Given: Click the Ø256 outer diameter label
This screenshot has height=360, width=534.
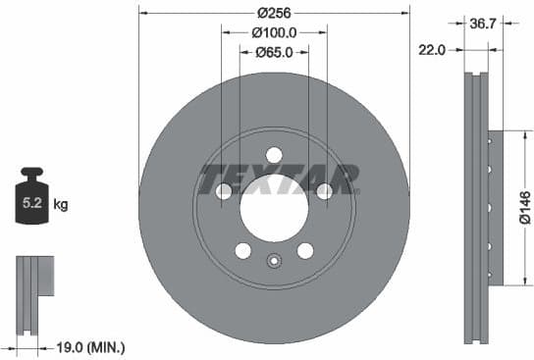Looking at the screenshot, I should pyautogui.click(x=274, y=13).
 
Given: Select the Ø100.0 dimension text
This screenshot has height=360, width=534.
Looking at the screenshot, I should pyautogui.click(x=274, y=32).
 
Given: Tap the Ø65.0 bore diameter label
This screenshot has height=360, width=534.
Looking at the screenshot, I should pyautogui.click(x=274, y=52).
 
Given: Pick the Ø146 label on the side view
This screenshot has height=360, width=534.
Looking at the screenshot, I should pyautogui.click(x=524, y=208).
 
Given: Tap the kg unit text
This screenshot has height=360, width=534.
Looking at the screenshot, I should pyautogui.click(x=60, y=205).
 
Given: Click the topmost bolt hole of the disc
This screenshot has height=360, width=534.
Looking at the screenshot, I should pyautogui.click(x=274, y=154).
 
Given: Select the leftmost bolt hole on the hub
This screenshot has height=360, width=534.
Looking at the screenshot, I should pyautogui.click(x=224, y=191).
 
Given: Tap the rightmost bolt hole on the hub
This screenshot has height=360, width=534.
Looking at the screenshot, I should pyautogui.click(x=324, y=191).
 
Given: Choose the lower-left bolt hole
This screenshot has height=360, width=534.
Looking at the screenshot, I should pyautogui.click(x=242, y=251).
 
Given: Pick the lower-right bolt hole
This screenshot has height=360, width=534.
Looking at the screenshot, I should pyautogui.click(x=305, y=251).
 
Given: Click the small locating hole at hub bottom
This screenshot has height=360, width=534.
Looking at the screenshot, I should pyautogui.click(x=274, y=261).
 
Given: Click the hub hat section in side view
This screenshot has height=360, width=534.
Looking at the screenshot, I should pyautogui.click(x=495, y=208).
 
